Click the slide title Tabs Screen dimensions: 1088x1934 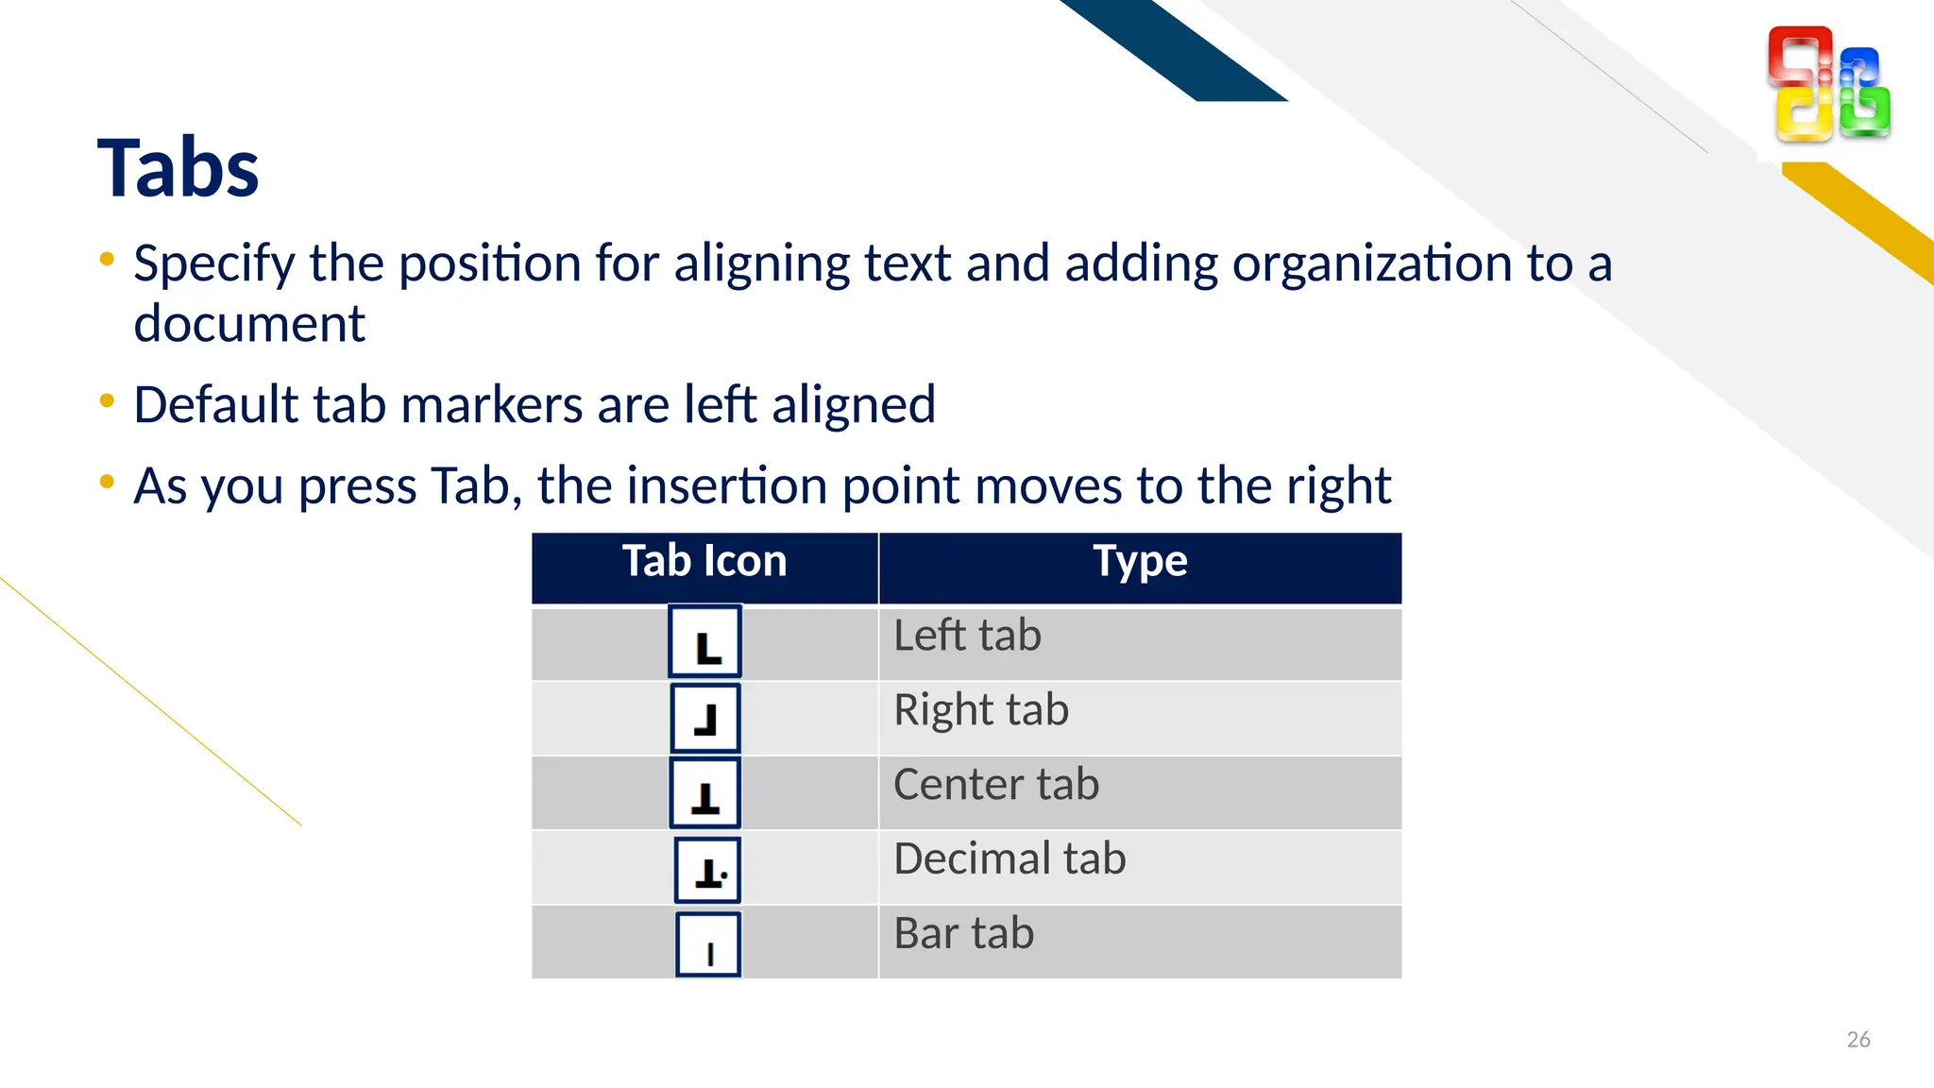[x=178, y=168]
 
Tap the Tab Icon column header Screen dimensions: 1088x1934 [x=704, y=561]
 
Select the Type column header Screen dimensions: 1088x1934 [x=1140, y=561]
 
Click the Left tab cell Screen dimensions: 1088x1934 [x=967, y=636]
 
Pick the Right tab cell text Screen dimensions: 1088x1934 [x=981, y=710]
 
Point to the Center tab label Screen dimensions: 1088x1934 [x=996, y=785]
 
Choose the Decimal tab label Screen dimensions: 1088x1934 [x=1009, y=859]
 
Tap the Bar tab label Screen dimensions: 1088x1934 [x=964, y=934]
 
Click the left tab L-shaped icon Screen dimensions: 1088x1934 [x=705, y=642]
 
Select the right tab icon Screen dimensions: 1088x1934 [x=705, y=719]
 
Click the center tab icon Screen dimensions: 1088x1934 [x=705, y=794]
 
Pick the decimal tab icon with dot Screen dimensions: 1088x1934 [x=708, y=870]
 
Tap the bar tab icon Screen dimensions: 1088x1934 [x=709, y=944]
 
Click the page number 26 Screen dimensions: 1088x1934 [x=1858, y=1040]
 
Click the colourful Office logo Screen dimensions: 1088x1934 [x=1828, y=84]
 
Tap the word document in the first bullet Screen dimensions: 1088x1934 [x=249, y=325]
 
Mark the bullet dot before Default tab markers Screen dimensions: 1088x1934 [x=107, y=401]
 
